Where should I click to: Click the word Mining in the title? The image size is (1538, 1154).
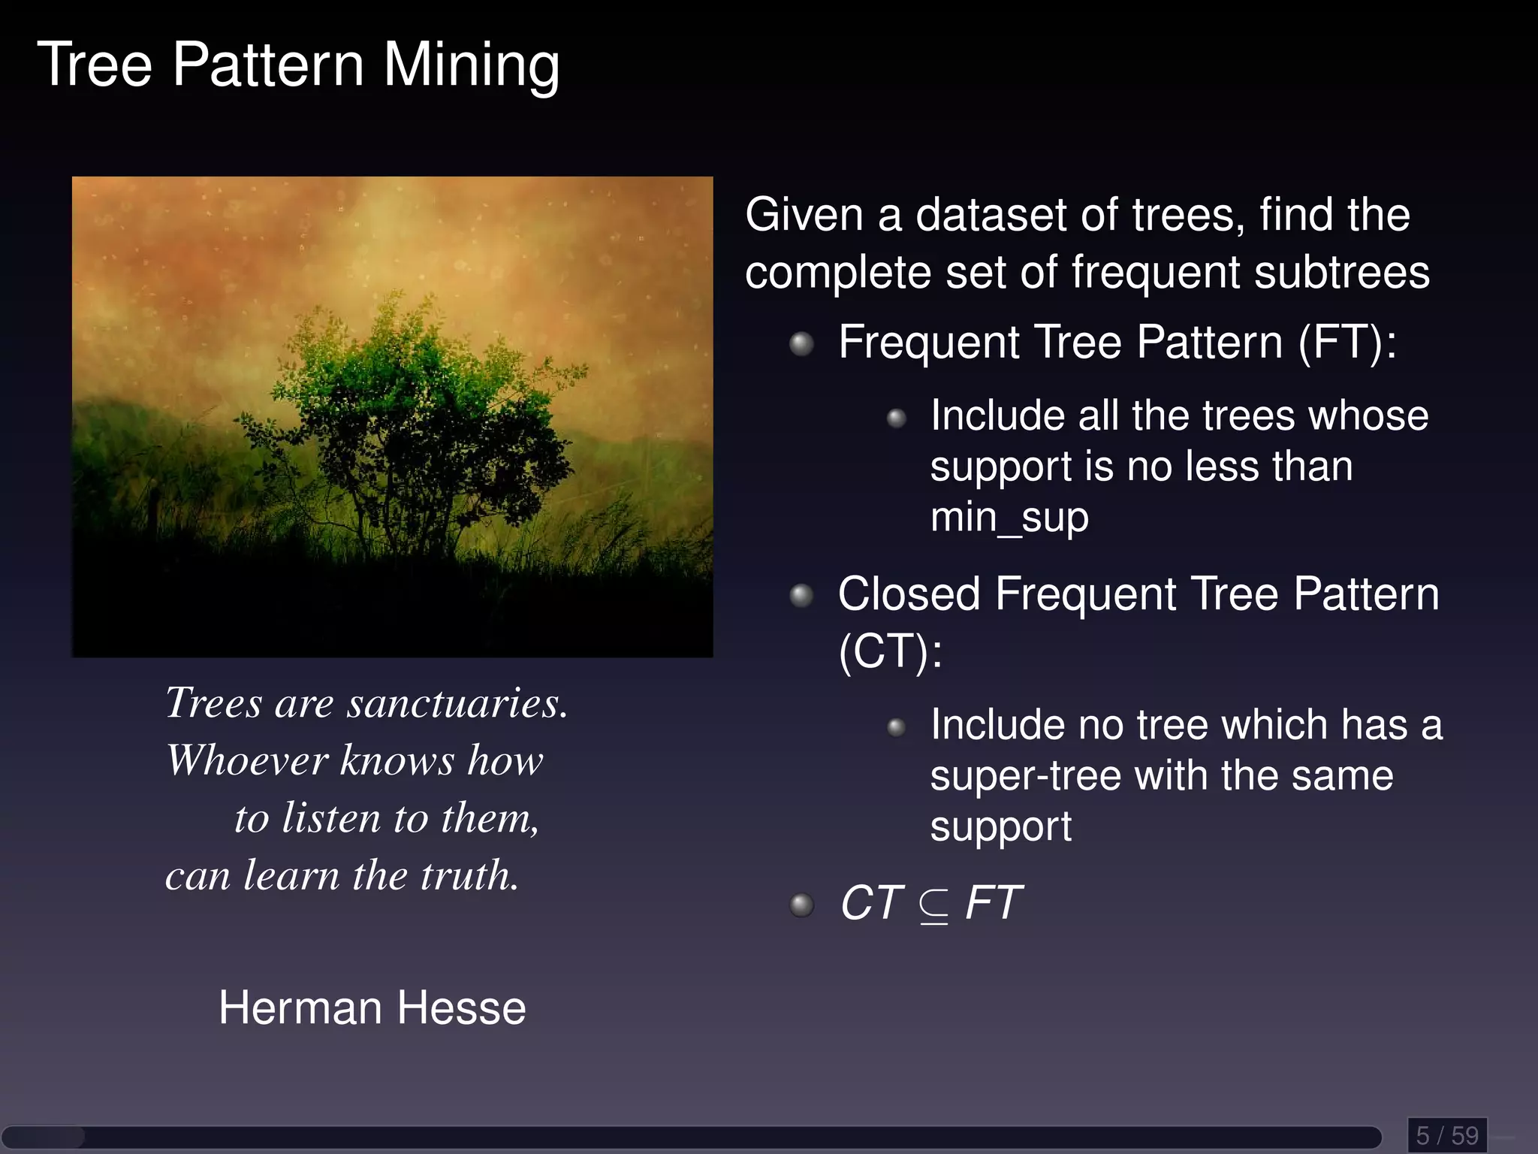(472, 66)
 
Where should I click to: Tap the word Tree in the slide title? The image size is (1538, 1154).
(95, 65)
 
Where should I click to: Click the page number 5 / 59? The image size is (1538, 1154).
(1446, 1134)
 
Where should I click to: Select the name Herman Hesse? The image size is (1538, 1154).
(372, 1007)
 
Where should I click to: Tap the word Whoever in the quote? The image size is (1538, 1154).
(247, 760)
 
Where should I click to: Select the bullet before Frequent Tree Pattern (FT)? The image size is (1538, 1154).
(802, 344)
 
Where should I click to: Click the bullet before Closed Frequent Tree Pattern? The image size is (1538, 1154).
(802, 596)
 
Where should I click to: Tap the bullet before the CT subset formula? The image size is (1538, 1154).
(802, 905)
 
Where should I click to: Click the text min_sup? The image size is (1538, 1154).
(1009, 518)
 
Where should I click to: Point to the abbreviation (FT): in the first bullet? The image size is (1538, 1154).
(1348, 343)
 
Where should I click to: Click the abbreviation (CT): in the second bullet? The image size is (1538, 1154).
(890, 651)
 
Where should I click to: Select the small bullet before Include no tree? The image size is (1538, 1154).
(896, 727)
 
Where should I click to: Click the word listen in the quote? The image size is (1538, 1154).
(331, 817)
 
